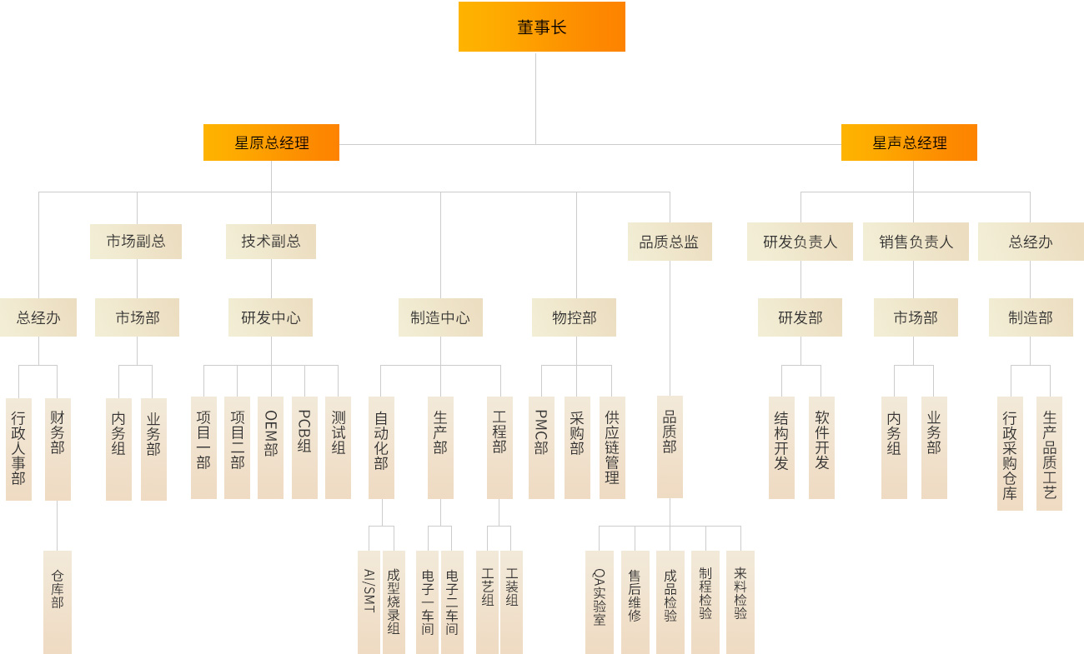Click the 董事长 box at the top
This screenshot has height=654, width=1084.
pos(541,27)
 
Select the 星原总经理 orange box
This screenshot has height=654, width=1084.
pos(271,142)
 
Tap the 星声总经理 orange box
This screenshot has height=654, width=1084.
pos(909,142)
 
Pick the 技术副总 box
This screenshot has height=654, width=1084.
pos(271,242)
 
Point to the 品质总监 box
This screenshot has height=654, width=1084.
pos(670,242)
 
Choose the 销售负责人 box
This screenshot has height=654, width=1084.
pos(916,242)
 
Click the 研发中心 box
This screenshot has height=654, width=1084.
pos(271,317)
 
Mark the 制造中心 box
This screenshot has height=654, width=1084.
pos(440,317)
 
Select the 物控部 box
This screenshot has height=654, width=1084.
pos(574,317)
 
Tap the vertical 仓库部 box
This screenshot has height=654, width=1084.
pos(58,602)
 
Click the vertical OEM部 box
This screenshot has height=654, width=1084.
pos(270,447)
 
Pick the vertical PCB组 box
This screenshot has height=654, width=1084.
pos(304,447)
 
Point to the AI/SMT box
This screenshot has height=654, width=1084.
pos(369,602)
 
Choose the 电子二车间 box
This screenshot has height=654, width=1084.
pos(452,602)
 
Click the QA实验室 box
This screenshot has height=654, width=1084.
pos(599,602)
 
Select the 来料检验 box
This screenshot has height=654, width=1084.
pos(740,602)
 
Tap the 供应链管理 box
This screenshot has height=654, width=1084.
pos(612,447)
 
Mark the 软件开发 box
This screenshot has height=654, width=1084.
pos(821,447)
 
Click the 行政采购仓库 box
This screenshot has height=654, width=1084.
pos(1010,453)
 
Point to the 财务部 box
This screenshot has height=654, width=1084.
pos(58,448)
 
